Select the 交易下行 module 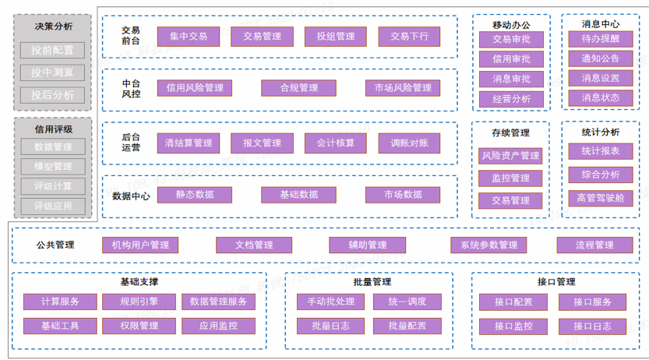pos(409,37)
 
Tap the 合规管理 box pos(299,88)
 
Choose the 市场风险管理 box pos(403,88)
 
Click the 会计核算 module pos(335,143)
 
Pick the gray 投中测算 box pos(52,72)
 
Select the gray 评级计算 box pos(52,186)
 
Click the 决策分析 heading pos(53,26)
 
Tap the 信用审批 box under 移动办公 pos(511,59)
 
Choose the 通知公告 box pos(600,58)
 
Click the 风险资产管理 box pos(510,156)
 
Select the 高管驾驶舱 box pos(600,198)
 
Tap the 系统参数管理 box pos(488,245)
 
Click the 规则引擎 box pos(139,302)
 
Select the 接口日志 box pos(592,326)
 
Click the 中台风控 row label pos(131,88)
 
